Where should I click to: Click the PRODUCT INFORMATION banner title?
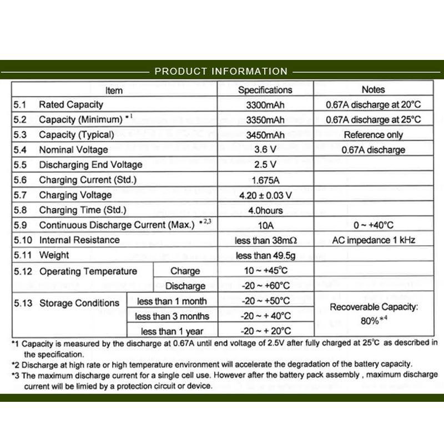[x=221, y=71]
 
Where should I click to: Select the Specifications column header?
[x=265, y=89]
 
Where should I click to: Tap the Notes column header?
[x=373, y=89]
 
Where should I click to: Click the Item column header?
[x=114, y=90]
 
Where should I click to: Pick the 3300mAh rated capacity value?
[x=265, y=105]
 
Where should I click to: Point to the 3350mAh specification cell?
[x=265, y=119]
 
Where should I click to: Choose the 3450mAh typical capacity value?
[x=265, y=134]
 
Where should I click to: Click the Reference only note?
[x=373, y=134]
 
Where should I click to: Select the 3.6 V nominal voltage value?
[x=265, y=150]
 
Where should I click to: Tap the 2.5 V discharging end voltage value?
[x=265, y=165]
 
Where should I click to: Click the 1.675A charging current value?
[x=265, y=180]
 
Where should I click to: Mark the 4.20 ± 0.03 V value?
[x=265, y=195]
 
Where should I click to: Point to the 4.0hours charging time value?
[x=265, y=210]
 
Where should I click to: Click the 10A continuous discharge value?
[x=265, y=225]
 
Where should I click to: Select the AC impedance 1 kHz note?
[x=373, y=240]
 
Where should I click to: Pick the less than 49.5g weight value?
[x=265, y=255]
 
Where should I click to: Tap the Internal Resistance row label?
[x=79, y=240]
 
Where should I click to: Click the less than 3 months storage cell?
[x=172, y=316]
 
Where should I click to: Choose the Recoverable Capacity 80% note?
[x=373, y=313]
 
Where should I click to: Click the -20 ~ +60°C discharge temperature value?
[x=265, y=286]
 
